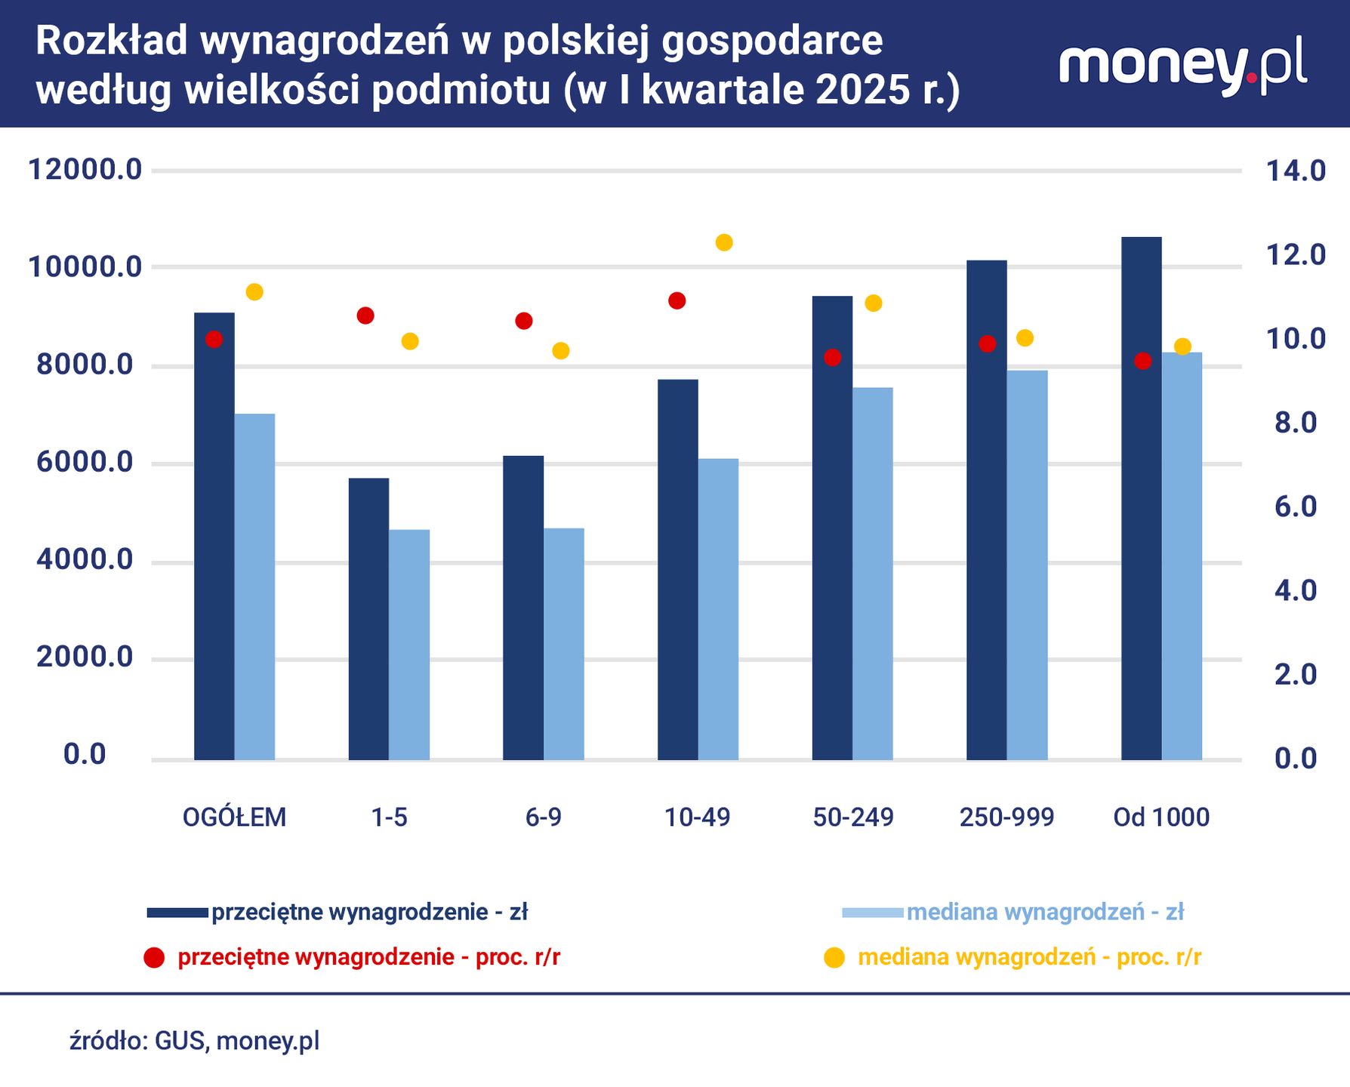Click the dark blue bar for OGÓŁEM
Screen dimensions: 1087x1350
(214, 536)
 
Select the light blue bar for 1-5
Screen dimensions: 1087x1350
(409, 645)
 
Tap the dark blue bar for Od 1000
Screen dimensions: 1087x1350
(1141, 498)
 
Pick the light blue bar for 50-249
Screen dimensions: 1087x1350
(873, 574)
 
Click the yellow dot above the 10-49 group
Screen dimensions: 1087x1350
(724, 242)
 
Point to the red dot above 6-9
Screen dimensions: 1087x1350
(524, 321)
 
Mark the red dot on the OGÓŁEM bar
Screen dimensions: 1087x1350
(214, 339)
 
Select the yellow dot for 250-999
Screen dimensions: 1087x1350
(1025, 337)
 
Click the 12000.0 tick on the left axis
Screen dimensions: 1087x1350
(85, 170)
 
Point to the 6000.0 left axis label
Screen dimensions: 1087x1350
(85, 462)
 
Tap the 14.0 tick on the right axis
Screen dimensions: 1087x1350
(1296, 171)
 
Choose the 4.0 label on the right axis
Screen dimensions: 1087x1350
(1296, 590)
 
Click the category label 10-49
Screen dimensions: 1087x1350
(697, 817)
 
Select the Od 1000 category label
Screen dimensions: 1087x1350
(1161, 817)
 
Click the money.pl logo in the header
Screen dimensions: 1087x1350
(1182, 66)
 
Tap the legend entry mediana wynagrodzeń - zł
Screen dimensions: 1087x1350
(1045, 912)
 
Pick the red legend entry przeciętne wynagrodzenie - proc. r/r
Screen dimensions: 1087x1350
(368, 957)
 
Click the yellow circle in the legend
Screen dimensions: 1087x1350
(834, 958)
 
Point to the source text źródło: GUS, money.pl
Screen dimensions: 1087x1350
(195, 1040)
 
